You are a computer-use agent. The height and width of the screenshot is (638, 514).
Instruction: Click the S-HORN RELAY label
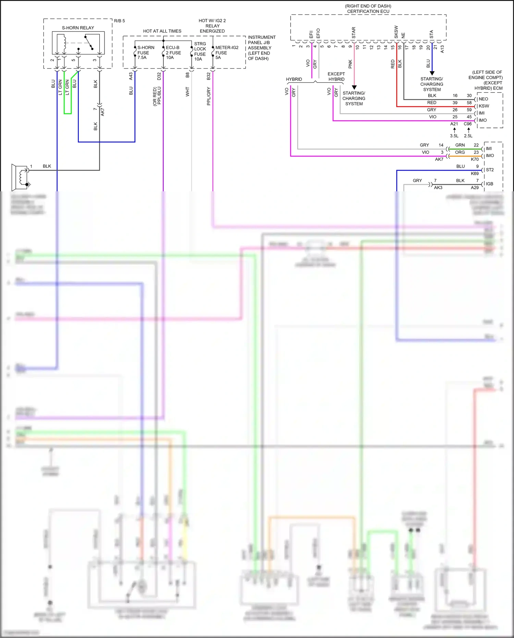point(78,28)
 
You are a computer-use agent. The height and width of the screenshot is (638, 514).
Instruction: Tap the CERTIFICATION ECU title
point(368,11)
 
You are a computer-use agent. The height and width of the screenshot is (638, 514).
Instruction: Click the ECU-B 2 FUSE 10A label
point(173,52)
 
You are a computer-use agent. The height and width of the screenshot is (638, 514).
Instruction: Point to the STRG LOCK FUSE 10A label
point(200,51)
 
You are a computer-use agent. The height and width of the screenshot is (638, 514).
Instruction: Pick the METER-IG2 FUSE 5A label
point(226,52)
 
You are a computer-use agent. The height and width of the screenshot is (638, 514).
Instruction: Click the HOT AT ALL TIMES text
point(162,31)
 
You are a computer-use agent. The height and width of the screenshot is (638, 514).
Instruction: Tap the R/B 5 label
point(119,21)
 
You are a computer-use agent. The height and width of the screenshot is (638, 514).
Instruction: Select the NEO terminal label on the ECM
point(483,99)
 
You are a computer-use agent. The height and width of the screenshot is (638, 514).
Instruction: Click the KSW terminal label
point(484,106)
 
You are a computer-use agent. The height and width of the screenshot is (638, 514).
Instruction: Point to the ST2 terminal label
point(490,170)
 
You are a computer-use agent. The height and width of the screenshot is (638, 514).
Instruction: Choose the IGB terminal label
point(489,184)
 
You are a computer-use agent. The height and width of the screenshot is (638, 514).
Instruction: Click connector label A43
point(131,76)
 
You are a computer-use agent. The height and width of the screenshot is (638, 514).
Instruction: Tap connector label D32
point(159,76)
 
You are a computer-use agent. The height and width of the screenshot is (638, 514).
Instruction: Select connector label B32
point(209,76)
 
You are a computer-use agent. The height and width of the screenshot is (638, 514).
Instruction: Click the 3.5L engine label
point(454,136)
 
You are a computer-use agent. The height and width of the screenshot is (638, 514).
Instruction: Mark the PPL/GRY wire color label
point(209,96)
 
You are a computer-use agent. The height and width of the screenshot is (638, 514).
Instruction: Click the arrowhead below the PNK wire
point(354,87)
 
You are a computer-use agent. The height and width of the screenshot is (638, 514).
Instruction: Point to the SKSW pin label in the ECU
point(396,32)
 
